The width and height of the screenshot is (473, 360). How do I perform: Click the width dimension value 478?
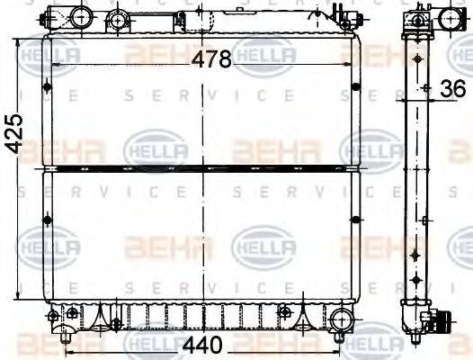213,58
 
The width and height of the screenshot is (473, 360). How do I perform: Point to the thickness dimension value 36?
454,88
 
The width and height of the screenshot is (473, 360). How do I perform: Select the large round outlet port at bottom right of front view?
342,319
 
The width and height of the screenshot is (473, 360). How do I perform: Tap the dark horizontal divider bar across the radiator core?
202,167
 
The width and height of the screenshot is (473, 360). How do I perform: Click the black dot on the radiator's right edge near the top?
357,86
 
